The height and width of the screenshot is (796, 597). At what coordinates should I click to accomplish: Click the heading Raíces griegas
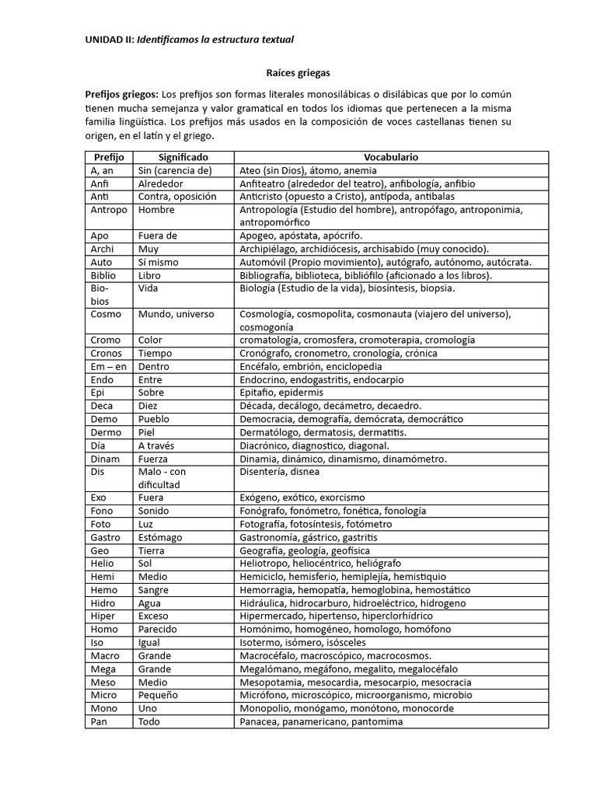[298, 73]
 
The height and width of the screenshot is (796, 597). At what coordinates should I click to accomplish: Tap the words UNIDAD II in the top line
[109, 39]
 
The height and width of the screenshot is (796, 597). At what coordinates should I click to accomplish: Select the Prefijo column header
[109, 157]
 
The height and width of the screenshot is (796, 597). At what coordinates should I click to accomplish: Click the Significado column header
[183, 157]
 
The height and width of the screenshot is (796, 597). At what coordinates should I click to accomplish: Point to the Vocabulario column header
[391, 157]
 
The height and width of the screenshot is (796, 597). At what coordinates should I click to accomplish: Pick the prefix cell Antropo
[109, 210]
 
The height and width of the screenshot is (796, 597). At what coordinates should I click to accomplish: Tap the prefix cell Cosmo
[106, 314]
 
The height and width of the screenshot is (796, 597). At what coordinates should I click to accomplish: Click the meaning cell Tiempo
[155, 354]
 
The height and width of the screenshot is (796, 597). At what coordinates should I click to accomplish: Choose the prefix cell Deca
[102, 406]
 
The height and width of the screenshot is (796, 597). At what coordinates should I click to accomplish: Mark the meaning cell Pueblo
[155, 419]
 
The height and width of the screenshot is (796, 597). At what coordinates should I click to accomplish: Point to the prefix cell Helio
[103, 564]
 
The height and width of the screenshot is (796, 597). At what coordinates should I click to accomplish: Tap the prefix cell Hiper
[103, 616]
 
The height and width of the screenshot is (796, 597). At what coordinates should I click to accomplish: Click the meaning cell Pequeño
[158, 695]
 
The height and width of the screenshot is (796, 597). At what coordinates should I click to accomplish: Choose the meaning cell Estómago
[160, 537]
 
